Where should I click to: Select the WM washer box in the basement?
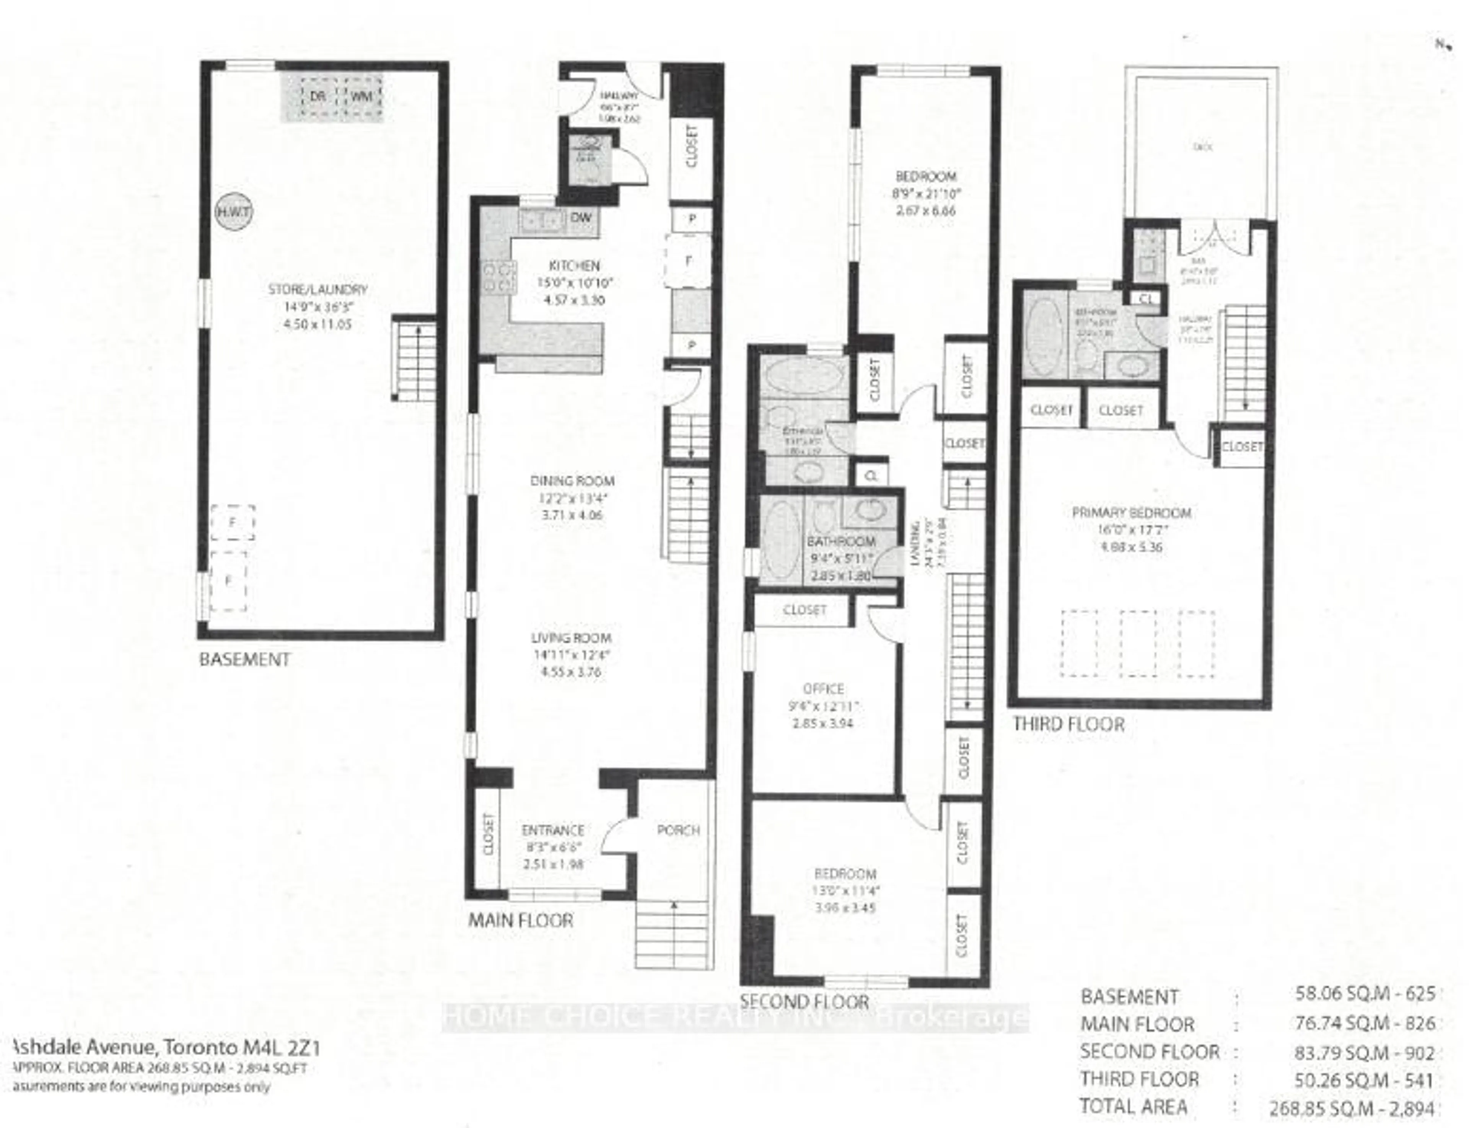pos(361,96)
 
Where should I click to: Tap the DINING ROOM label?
pos(572,481)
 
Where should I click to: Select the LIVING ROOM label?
pos(572,638)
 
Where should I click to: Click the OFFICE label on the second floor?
pos(823,689)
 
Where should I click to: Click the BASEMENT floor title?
pos(244,659)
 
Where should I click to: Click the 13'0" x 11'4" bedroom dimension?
pos(845,891)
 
